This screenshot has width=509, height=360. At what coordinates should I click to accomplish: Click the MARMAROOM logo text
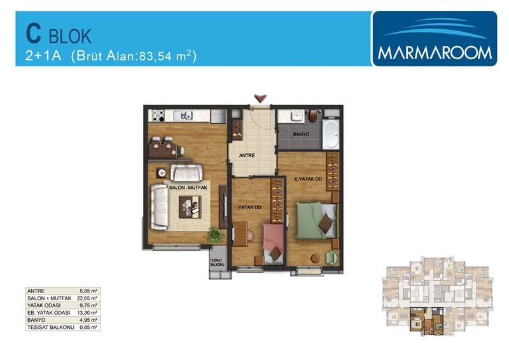tap(435, 53)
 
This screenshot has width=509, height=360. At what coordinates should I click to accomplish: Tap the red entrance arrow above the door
tap(260, 98)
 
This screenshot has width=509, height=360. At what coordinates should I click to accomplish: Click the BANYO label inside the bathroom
tap(301, 134)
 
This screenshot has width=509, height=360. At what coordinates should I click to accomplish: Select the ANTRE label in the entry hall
tap(247, 155)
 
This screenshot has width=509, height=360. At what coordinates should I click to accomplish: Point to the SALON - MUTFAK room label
tap(188, 188)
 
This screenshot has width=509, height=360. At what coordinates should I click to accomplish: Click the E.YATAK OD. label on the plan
tap(308, 179)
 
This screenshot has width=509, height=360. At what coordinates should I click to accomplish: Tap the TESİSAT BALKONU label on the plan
tap(217, 263)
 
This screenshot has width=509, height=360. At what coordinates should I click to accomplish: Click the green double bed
tap(316, 221)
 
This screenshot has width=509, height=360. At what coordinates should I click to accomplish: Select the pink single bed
tap(274, 244)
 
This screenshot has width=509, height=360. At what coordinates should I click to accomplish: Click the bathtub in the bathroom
tap(331, 134)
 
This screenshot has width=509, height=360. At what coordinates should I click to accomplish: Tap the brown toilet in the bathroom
tap(313, 116)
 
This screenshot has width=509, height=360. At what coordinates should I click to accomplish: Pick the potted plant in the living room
tap(214, 234)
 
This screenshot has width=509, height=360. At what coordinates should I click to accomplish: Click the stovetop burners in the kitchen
tap(158, 116)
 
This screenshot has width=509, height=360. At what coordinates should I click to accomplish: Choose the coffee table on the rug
tap(190, 207)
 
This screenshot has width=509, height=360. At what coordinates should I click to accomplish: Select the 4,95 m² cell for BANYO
tap(88, 320)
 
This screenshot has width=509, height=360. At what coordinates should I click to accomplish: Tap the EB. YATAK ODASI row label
tap(49, 313)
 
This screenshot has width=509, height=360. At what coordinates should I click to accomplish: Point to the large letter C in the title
tap(34, 34)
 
